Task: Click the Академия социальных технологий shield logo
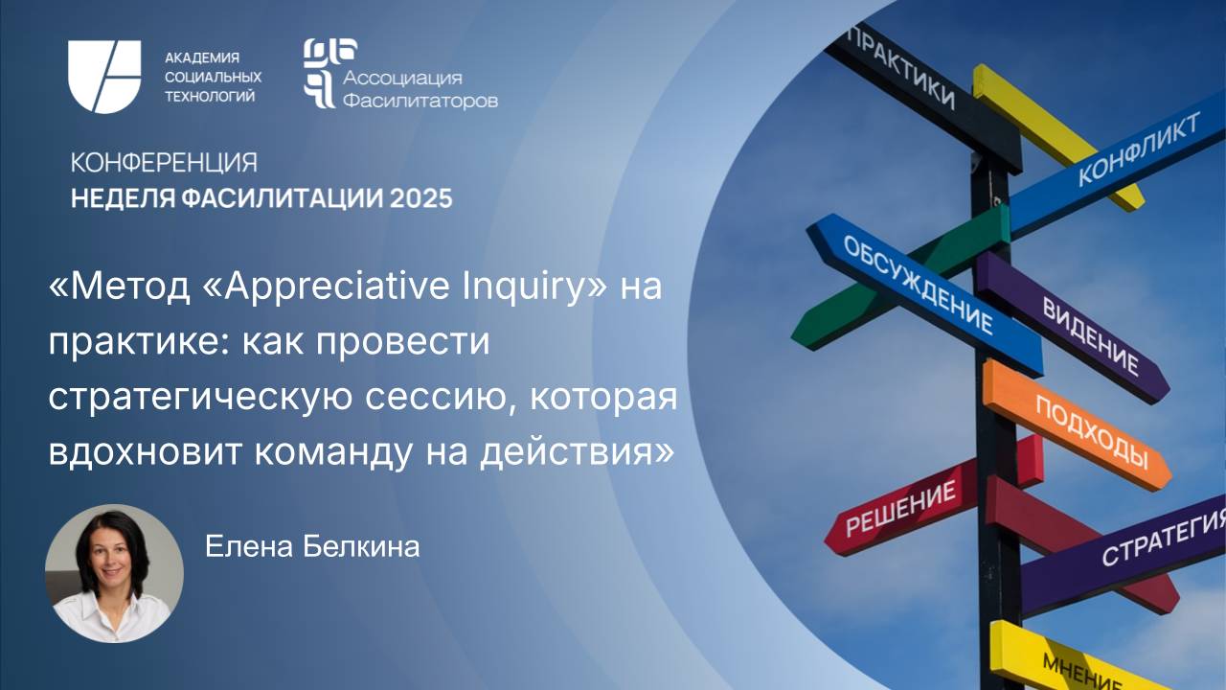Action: (x=104, y=77)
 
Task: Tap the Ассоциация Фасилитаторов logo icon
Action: (x=319, y=73)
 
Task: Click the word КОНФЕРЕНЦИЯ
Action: (x=163, y=162)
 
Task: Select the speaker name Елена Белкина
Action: (x=312, y=547)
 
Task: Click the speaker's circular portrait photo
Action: (x=114, y=573)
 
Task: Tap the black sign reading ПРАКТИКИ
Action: (x=900, y=67)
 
